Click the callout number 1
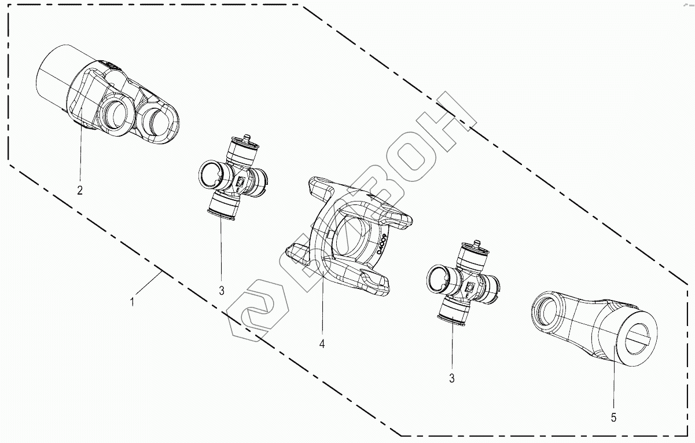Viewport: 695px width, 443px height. pyautogui.click(x=133, y=302)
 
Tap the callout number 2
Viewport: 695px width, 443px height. pyautogui.click(x=80, y=191)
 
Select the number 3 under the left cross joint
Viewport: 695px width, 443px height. pyautogui.click(x=222, y=290)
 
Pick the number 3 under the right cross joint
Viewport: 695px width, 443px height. pyautogui.click(x=451, y=379)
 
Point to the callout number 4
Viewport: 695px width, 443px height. pyautogui.click(x=322, y=343)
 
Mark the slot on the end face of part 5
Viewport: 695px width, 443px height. pyautogui.click(x=639, y=335)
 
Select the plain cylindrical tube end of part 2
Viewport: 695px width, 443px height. pyautogui.click(x=52, y=72)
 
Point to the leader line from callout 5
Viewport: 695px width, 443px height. pyautogui.click(x=613, y=376)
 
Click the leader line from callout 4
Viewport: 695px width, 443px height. pyautogui.click(x=322, y=301)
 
